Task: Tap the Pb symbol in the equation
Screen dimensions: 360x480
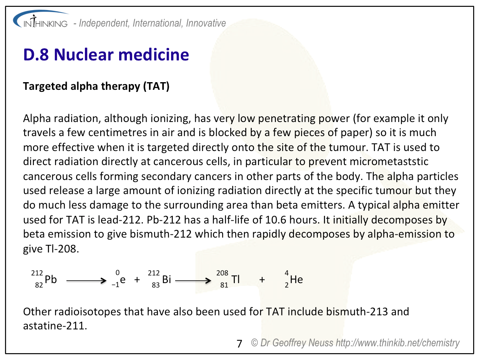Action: [x=51, y=279]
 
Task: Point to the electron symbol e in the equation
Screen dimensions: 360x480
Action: [x=122, y=279]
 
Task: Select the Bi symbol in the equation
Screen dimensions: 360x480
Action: [x=167, y=279]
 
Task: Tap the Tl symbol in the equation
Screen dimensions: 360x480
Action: [x=236, y=279]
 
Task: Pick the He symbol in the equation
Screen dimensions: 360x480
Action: [x=296, y=279]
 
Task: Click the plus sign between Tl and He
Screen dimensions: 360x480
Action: [x=263, y=279]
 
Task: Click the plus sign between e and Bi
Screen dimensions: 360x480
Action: [x=137, y=279]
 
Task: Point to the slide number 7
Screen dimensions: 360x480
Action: [x=239, y=343]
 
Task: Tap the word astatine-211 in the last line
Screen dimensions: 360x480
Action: [x=55, y=325]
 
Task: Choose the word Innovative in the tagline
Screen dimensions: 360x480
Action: [x=206, y=23]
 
